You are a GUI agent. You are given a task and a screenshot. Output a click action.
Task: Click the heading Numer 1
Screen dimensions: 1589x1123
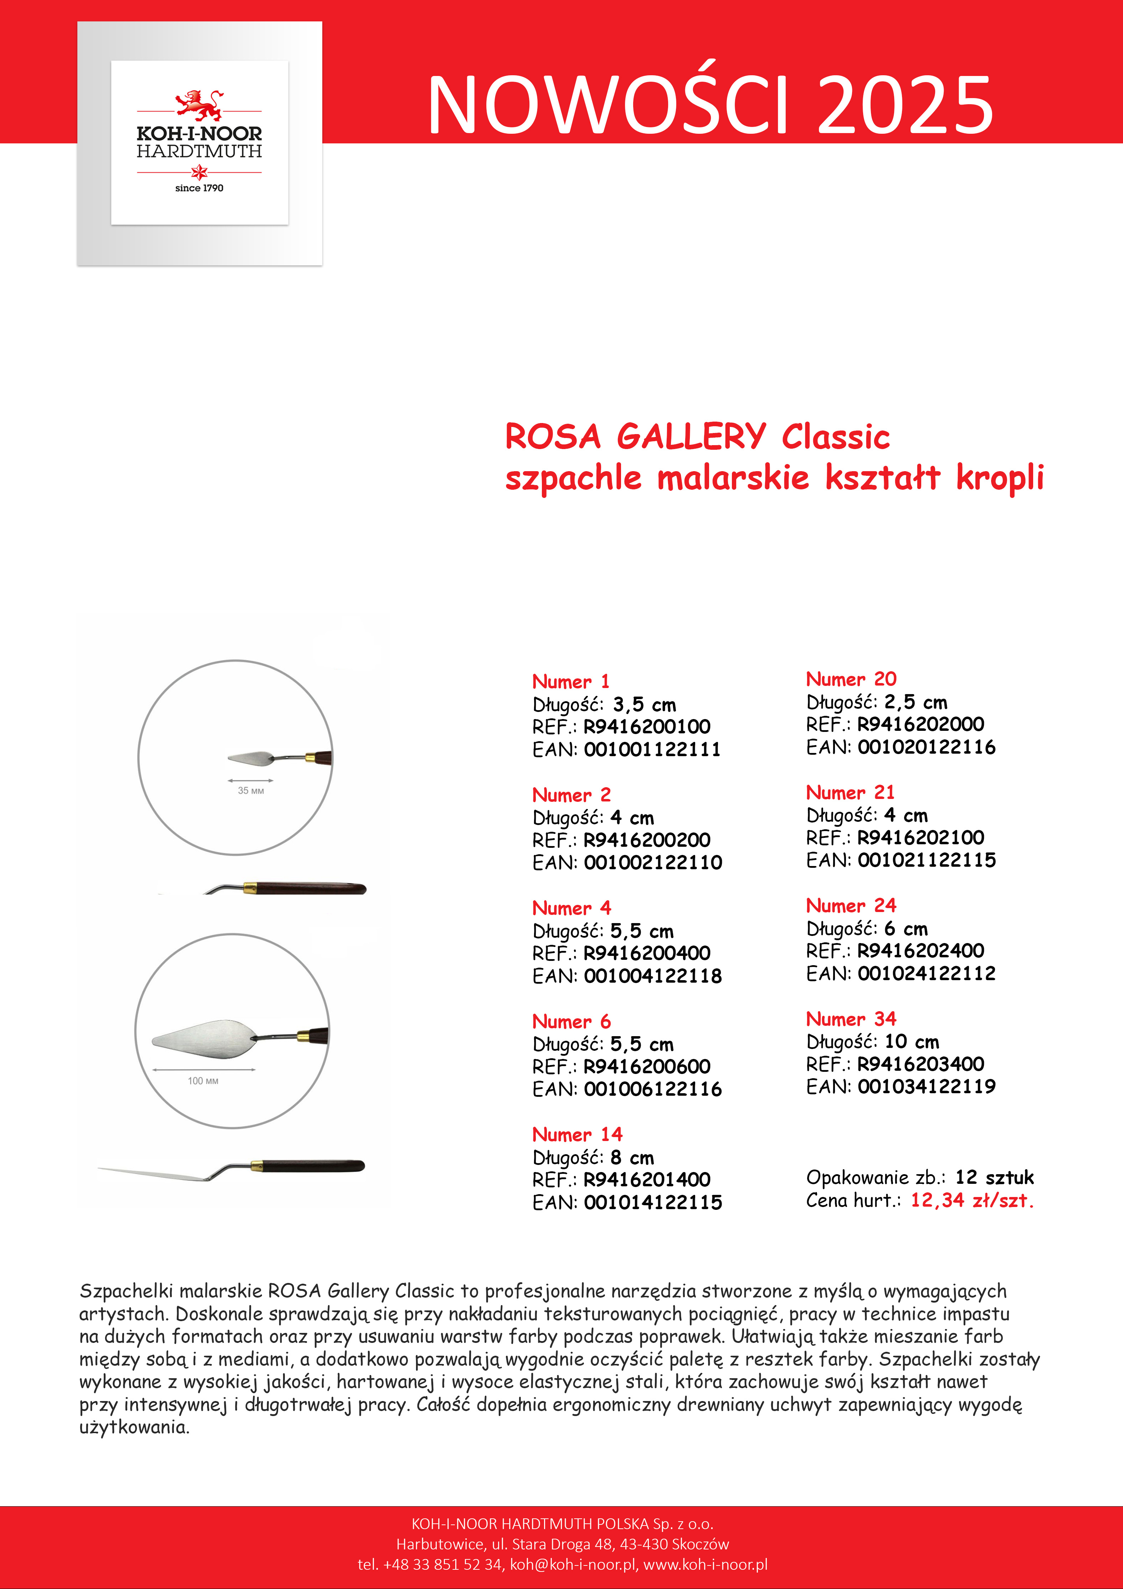point(571,682)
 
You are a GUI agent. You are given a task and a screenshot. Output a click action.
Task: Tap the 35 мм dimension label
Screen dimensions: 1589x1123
point(251,790)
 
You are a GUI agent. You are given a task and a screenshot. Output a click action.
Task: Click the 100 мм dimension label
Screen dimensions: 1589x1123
point(203,1080)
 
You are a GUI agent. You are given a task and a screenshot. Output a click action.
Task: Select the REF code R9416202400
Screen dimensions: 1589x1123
point(920,951)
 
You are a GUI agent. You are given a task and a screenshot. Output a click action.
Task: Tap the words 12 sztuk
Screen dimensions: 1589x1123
point(994,1177)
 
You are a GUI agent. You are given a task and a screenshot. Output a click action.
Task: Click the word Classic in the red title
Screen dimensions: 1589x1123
point(835,437)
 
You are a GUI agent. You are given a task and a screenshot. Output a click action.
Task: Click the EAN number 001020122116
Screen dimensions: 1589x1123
point(927,747)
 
